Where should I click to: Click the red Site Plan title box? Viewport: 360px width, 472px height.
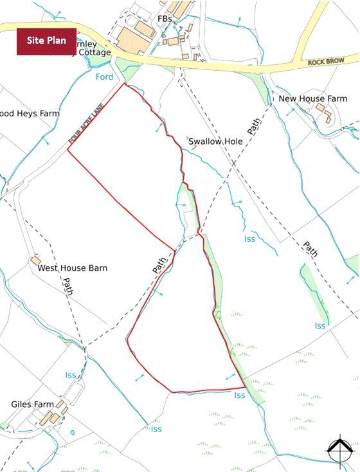(x=46, y=41)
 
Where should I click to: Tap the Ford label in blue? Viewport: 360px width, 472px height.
(x=104, y=77)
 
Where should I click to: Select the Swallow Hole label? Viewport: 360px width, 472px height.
(x=215, y=140)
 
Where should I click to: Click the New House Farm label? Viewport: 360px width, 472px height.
(x=312, y=98)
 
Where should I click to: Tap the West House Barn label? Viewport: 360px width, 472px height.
(x=73, y=268)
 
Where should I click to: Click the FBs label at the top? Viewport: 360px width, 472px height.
(x=165, y=19)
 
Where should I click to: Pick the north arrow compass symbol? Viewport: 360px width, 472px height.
(x=339, y=451)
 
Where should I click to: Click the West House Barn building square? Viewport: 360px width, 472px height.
(x=35, y=261)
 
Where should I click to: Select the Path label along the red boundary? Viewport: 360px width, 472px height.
(x=160, y=264)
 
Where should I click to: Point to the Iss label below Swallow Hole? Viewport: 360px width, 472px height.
(x=249, y=239)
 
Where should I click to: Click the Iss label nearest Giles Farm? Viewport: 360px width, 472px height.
(x=70, y=375)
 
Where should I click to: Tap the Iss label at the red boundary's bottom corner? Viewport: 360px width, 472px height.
(x=240, y=395)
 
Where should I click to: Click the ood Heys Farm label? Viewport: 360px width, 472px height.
(x=30, y=113)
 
